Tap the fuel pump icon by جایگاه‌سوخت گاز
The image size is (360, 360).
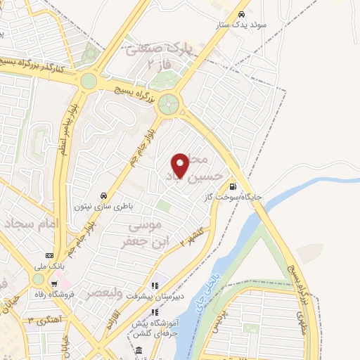232,187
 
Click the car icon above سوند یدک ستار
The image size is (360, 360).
242,14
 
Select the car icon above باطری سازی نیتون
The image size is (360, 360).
104,195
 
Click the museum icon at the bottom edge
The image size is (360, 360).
139,350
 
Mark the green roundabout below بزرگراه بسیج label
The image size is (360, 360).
169,106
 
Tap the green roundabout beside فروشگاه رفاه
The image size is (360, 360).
37,279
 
